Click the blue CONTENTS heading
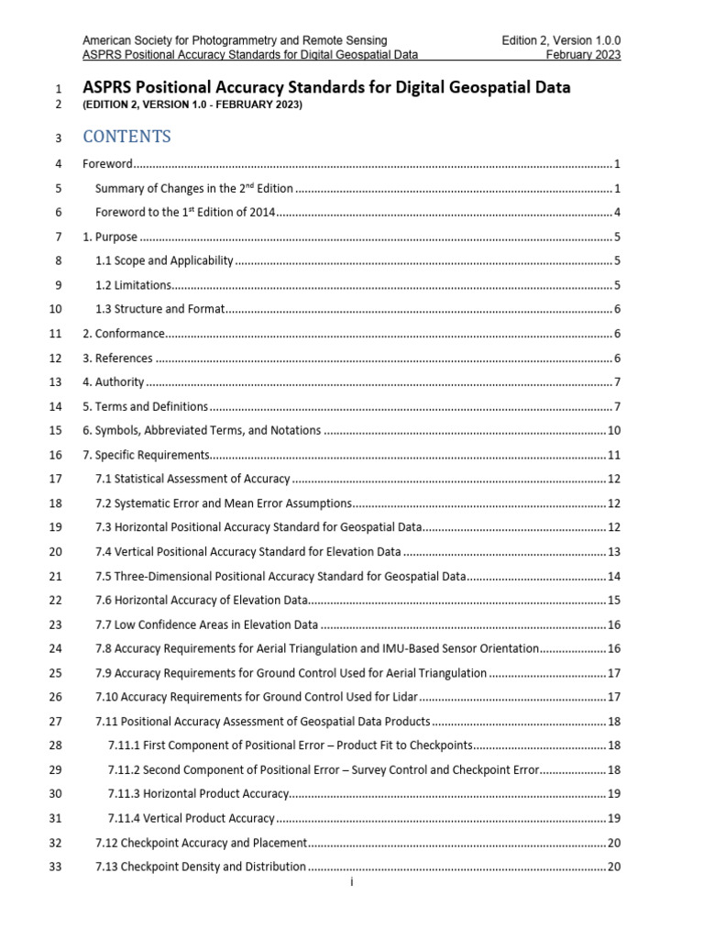click(x=126, y=137)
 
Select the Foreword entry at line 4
click(x=108, y=164)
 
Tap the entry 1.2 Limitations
click(x=133, y=285)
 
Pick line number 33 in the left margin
click(x=54, y=867)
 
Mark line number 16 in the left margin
click(x=54, y=455)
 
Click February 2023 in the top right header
click(x=583, y=55)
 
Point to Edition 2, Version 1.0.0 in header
click(x=561, y=40)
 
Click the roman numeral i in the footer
click(x=352, y=883)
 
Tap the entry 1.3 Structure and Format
click(x=159, y=309)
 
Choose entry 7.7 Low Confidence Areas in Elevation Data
click(x=206, y=624)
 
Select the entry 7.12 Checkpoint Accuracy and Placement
click(x=201, y=843)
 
